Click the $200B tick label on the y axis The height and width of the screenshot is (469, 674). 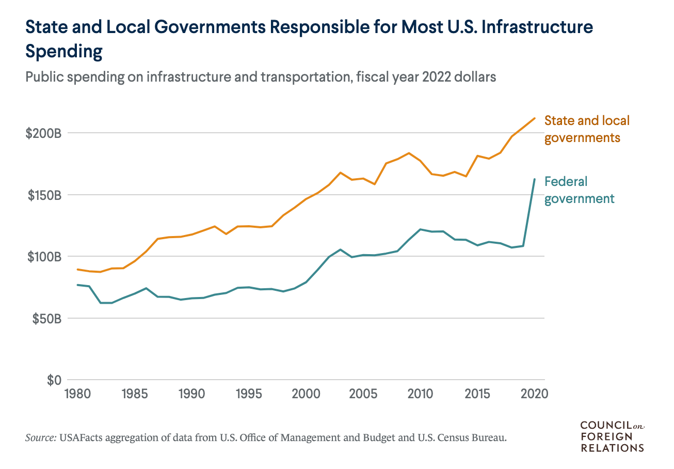click(43, 133)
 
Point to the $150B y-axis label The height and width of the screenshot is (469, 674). click(43, 195)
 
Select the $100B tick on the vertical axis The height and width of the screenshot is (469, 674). click(43, 257)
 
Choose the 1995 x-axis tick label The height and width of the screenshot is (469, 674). click(249, 394)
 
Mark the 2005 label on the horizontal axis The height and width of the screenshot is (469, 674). click(363, 394)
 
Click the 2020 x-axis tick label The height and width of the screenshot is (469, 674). click(534, 394)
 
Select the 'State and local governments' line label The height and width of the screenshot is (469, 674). click(587, 129)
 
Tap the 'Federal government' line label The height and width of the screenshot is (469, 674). click(579, 190)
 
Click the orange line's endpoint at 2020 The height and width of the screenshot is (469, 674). click(535, 118)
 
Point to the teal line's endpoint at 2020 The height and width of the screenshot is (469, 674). click(535, 179)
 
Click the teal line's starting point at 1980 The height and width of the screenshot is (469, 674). click(78, 285)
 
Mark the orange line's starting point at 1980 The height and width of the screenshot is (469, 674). click(78, 269)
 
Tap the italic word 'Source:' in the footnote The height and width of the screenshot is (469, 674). click(41, 438)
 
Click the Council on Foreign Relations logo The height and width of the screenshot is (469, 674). click(613, 436)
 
